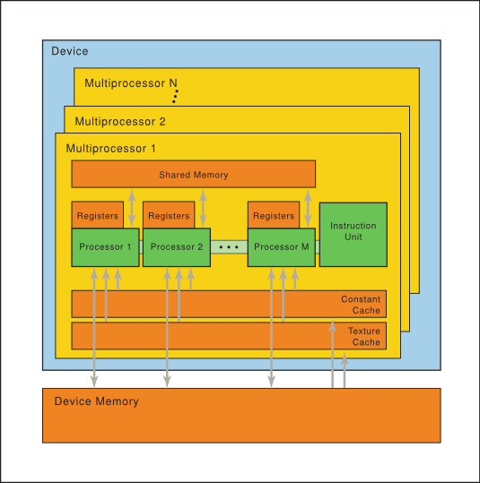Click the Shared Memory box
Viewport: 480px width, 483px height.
(193, 174)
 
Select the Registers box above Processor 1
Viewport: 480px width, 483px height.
(97, 215)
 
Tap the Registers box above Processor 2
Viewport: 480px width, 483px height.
(168, 215)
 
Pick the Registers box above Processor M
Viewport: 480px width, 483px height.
(273, 215)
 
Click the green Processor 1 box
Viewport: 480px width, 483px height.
(105, 247)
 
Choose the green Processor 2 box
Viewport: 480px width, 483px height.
(176, 247)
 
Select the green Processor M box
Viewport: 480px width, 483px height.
(281, 247)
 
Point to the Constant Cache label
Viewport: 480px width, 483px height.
(360, 305)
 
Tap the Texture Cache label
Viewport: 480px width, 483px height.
(363, 336)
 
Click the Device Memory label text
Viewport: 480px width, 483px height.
(96, 401)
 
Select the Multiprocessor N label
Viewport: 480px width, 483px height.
(130, 83)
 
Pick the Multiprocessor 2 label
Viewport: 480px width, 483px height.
(120, 121)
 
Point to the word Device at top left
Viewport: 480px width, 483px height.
(69, 51)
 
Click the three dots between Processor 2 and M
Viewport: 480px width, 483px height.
(229, 246)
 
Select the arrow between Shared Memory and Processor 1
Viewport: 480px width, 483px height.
(132, 208)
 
